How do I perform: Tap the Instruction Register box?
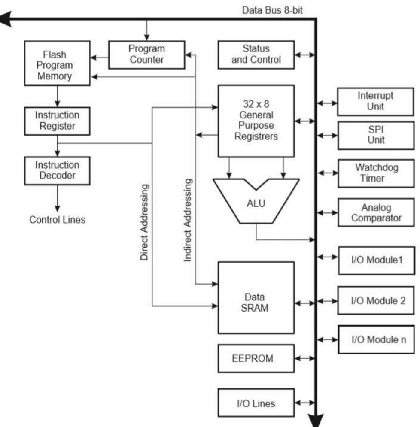click(57, 121)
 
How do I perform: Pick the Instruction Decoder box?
click(57, 170)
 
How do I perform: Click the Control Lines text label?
click(57, 220)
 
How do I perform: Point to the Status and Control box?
click(256, 55)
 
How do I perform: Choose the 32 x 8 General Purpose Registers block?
click(256, 121)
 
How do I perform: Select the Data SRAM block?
click(256, 303)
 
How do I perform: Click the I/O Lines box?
click(256, 403)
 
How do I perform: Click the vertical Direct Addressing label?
click(145, 223)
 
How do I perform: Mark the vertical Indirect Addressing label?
click(187, 220)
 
